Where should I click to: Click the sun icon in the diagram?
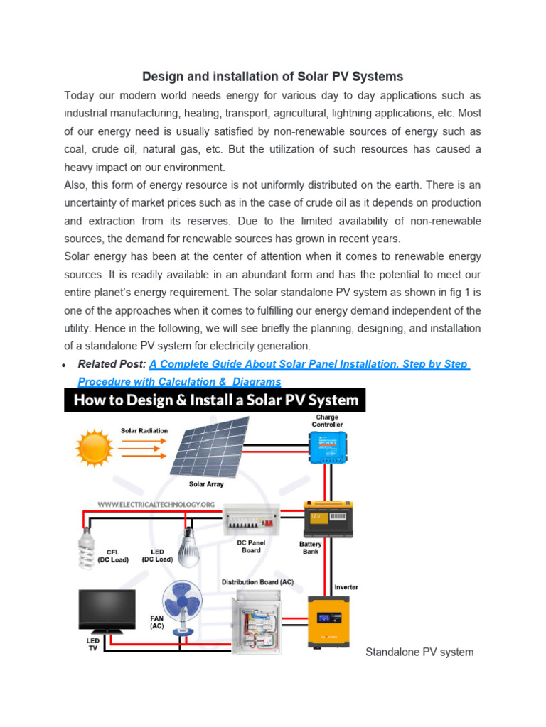(95, 448)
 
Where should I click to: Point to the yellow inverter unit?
(328, 619)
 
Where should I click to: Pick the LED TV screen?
(106, 611)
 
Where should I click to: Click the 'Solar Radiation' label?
(144, 430)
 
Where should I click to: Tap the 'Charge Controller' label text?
(327, 420)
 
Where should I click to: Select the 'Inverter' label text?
(346, 587)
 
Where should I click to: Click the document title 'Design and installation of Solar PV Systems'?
(272, 76)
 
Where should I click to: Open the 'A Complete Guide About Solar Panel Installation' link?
(308, 364)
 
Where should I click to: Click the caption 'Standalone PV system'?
(419, 652)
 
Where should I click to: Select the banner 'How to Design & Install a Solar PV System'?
(215, 400)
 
